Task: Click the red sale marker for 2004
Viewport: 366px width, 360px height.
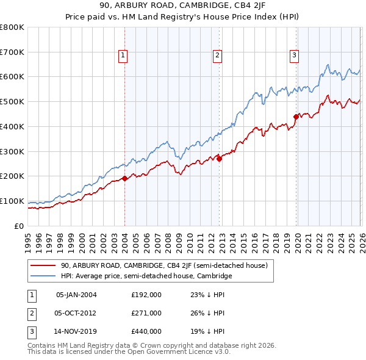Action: pos(124,178)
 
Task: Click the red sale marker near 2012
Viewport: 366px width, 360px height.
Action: pos(219,159)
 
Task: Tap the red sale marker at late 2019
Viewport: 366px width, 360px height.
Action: pos(296,116)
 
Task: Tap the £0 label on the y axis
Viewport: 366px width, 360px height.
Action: pos(20,226)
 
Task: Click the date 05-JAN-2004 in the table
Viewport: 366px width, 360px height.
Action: pos(76,295)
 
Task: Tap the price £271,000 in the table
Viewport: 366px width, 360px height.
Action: pos(146,313)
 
